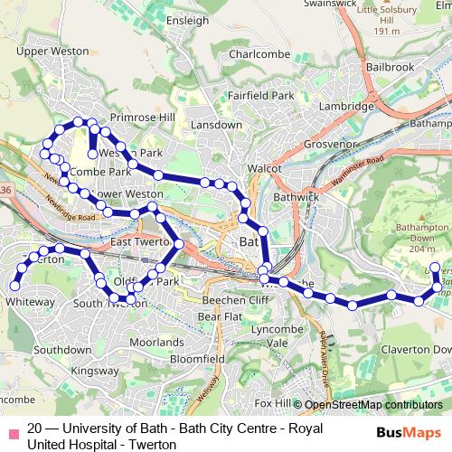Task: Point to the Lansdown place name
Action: point(215,125)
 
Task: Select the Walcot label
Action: point(267,167)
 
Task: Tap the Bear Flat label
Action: point(220,317)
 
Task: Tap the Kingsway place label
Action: point(94,371)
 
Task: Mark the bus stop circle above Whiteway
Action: point(14,287)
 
